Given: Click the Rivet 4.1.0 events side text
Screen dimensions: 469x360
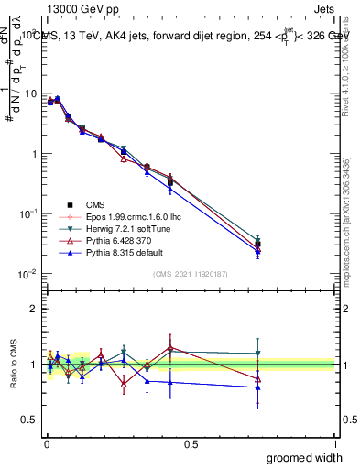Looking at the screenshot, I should [x=351, y=73].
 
